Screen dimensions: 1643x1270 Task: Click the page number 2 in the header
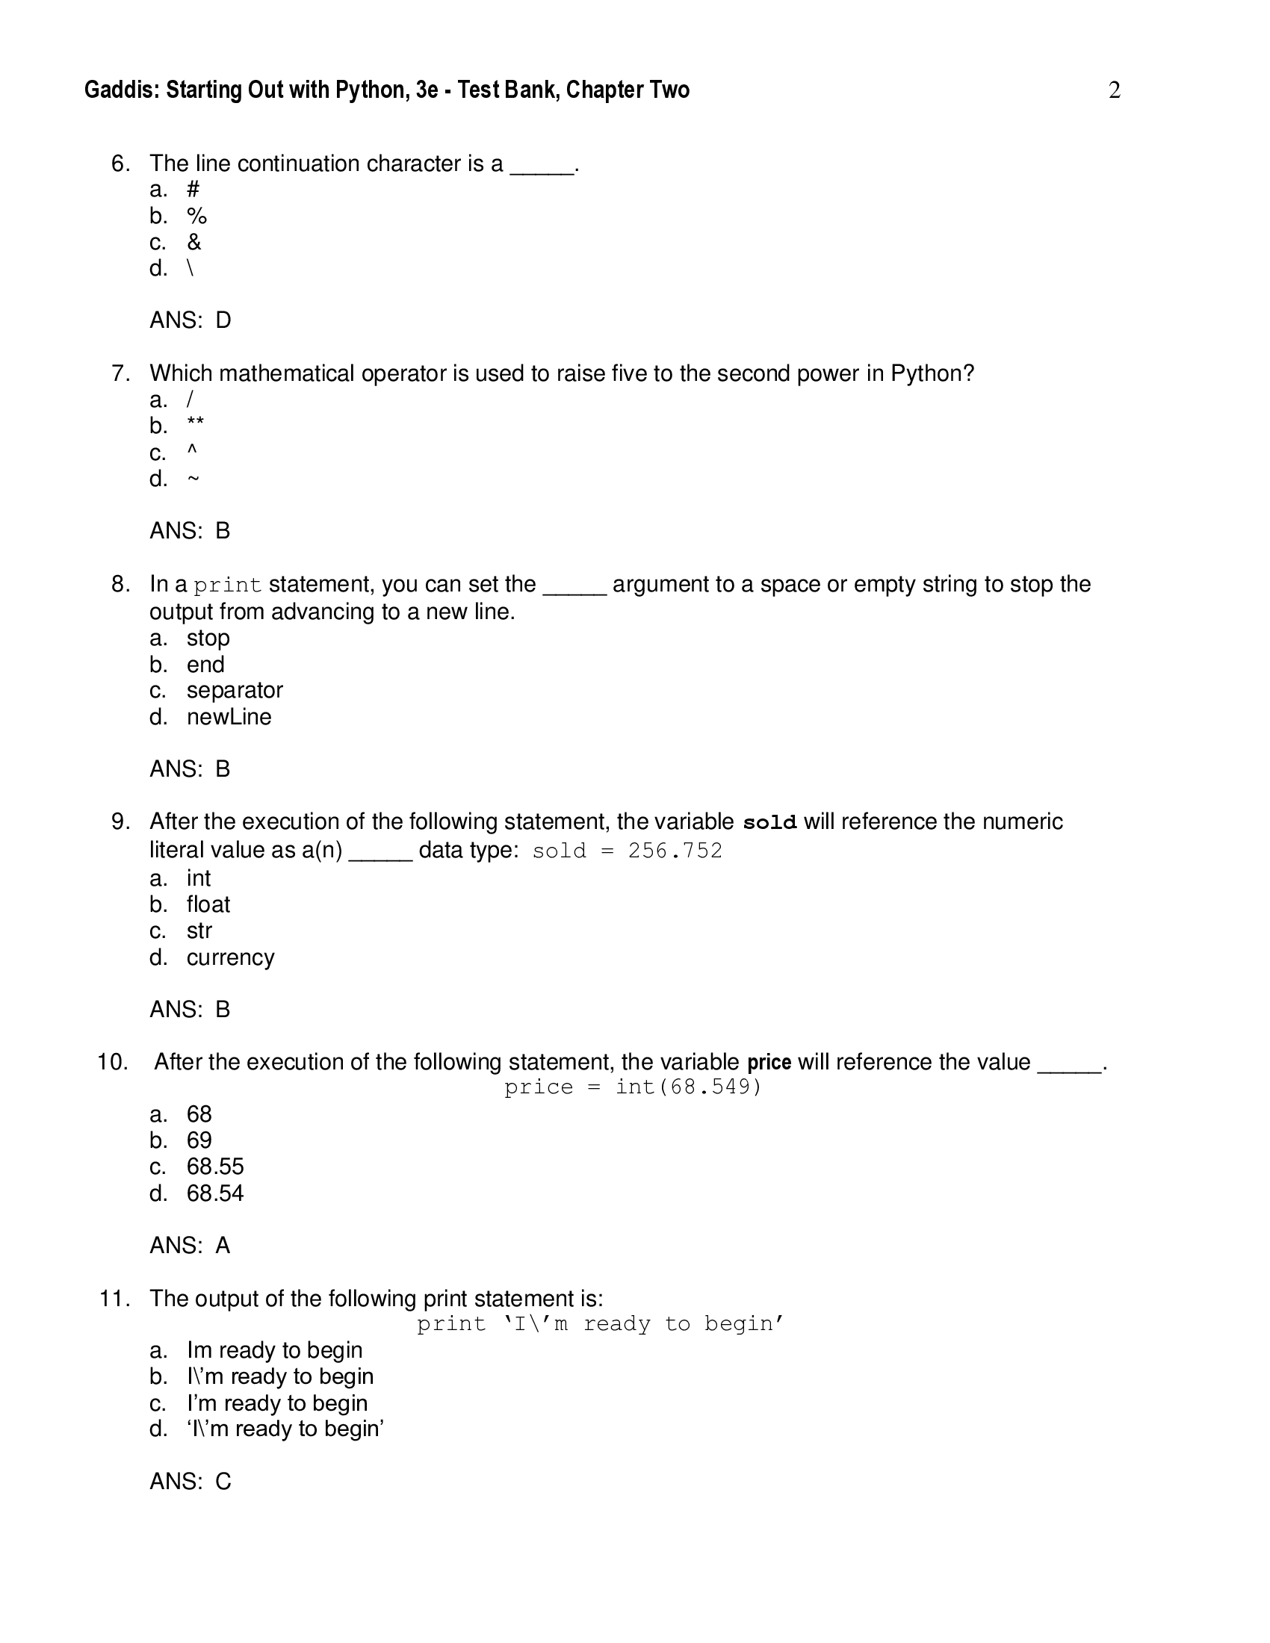click(x=1115, y=90)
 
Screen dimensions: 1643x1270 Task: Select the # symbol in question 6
click(x=193, y=190)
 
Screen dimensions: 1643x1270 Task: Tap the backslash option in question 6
click(x=190, y=269)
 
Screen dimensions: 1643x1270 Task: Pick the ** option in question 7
click(x=196, y=425)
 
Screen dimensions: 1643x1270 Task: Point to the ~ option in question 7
click(x=193, y=479)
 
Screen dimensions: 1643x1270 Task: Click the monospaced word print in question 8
click(x=227, y=586)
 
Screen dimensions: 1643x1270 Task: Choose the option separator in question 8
click(x=235, y=691)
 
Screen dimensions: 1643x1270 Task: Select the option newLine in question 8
click(x=229, y=717)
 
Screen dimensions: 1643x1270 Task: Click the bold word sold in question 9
click(x=769, y=823)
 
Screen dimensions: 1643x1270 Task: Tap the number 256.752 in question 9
click(x=675, y=851)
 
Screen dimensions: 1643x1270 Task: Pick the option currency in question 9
click(x=230, y=957)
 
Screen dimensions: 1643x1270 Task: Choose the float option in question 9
click(x=208, y=904)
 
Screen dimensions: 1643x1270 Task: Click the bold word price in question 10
click(x=769, y=1062)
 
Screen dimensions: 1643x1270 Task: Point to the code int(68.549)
click(x=689, y=1087)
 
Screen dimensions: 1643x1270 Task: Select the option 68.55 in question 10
click(x=215, y=1167)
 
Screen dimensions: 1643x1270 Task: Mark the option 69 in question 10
click(x=199, y=1140)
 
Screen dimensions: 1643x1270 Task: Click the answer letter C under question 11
click(x=223, y=1481)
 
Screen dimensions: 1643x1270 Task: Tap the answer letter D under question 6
click(x=223, y=320)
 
